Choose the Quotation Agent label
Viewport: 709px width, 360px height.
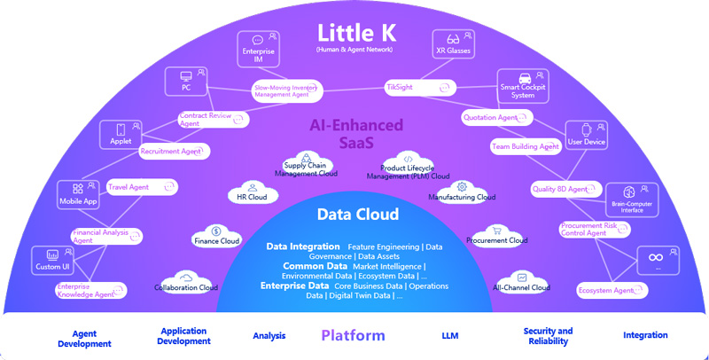(490, 117)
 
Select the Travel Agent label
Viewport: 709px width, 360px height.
(129, 187)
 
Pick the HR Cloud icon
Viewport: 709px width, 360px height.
(253, 187)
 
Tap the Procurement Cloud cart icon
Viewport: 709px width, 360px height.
(496, 231)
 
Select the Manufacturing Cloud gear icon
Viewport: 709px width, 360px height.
(462, 186)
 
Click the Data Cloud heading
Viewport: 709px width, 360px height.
(358, 215)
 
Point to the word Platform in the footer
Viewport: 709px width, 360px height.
(353, 335)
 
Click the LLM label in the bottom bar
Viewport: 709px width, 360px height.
(449, 336)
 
